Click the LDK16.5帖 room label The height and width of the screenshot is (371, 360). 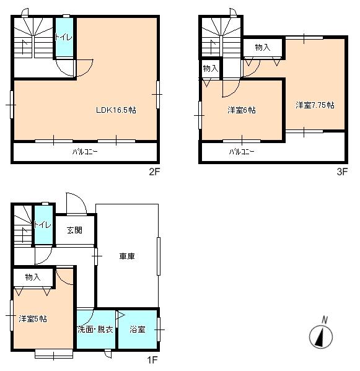point(116,110)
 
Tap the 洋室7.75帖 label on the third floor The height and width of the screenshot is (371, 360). point(315,105)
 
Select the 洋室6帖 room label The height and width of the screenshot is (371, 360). point(241,110)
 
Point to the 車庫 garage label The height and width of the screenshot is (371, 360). point(128,255)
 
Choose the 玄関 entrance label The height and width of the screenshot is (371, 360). point(75,230)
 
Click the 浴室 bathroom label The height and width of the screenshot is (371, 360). point(138,330)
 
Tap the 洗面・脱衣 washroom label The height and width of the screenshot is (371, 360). point(95,330)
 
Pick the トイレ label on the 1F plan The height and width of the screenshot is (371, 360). point(42,224)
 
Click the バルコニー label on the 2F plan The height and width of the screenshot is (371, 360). point(85,152)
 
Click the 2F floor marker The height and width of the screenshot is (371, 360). point(155,173)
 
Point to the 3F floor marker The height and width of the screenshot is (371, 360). point(341,173)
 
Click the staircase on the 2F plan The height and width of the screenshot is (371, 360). point(33,38)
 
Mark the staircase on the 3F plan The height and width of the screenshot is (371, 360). point(219,38)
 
